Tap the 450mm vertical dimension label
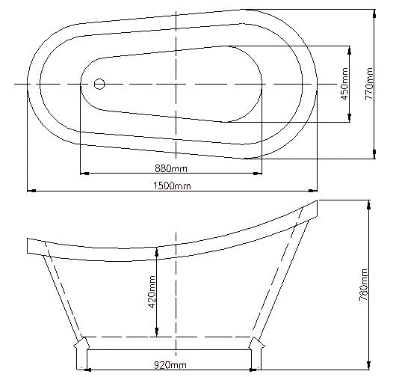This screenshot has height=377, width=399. [344, 84]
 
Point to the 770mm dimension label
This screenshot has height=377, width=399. [368, 83]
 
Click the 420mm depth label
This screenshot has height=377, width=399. [151, 292]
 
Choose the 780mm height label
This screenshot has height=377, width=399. [363, 284]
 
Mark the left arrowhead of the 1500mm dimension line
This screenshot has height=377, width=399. [31, 191]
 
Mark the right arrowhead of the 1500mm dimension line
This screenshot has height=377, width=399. [315, 191]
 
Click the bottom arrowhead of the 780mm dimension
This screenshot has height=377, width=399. [368, 367]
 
